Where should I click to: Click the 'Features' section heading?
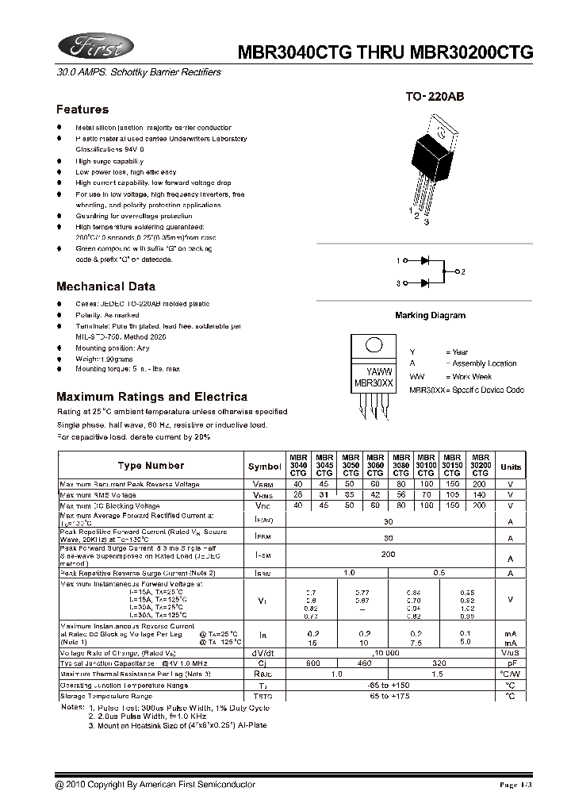coord(82,109)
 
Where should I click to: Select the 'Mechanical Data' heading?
coord(105,286)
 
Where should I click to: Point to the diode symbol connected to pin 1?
coord(426,260)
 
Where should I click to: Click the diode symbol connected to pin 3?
coord(426,283)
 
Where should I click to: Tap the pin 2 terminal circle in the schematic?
coord(454,272)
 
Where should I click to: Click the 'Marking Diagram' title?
coord(430,315)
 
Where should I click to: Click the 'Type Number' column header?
coord(151,466)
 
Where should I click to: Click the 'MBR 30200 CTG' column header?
coord(480,465)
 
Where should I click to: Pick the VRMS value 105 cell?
coord(452,494)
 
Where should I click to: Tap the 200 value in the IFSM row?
coord(388,555)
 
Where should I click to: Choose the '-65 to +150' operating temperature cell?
coord(388,685)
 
